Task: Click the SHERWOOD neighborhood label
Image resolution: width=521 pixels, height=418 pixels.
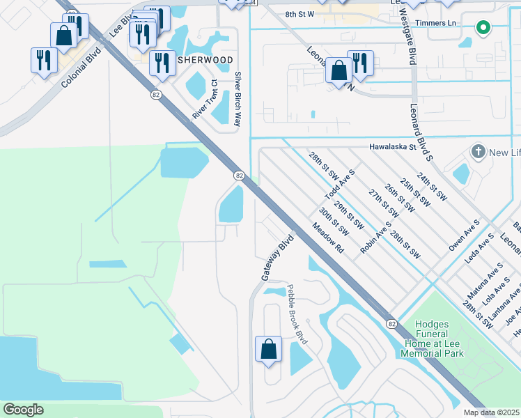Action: point(204,60)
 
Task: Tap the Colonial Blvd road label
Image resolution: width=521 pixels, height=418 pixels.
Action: point(77,68)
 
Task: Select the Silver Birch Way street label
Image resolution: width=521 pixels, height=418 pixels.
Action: point(238,98)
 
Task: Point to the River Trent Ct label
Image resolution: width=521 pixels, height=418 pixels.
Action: point(205,102)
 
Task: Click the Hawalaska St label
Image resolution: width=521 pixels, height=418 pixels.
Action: point(391,147)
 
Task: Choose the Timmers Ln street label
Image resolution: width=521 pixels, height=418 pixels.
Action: point(442,23)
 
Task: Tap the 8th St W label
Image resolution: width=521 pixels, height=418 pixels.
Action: point(300,13)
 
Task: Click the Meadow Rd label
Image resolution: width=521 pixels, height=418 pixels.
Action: point(329,238)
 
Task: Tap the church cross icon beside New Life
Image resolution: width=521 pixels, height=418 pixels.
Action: point(478,151)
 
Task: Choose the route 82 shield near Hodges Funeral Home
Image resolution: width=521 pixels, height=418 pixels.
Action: point(393,324)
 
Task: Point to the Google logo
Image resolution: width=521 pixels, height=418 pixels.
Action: point(23,409)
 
